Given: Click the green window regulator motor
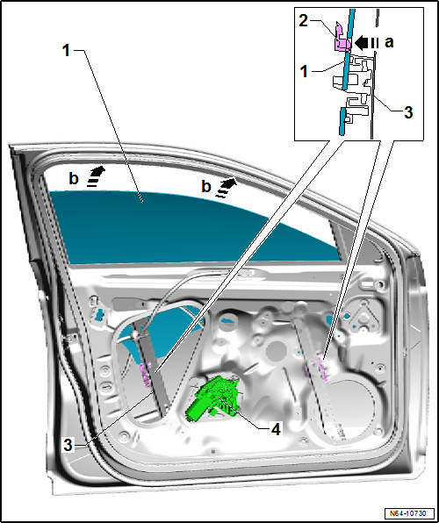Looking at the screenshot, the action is [x=214, y=398].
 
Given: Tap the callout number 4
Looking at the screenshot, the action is [x=276, y=430].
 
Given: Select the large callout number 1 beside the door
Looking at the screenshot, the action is [x=67, y=51].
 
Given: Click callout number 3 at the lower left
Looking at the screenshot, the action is [x=68, y=446].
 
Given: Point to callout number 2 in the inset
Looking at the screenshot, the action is [x=304, y=22].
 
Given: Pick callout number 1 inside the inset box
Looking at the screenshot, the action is [x=304, y=72].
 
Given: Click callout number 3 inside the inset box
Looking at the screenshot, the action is [x=408, y=112].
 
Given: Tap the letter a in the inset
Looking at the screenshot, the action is [x=389, y=43].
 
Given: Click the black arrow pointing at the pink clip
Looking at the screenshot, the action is [x=366, y=43].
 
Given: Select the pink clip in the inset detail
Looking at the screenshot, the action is [x=342, y=38].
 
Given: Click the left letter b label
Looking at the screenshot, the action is [x=74, y=179].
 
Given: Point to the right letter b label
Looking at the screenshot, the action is [x=206, y=187].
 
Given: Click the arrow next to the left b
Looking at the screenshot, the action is [x=97, y=176].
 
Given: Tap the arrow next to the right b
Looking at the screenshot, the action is [x=227, y=188].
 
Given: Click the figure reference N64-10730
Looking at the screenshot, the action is [x=410, y=513].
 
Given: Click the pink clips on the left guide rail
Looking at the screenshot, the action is [x=145, y=374].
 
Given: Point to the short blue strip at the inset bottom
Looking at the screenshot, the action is [x=342, y=121].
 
